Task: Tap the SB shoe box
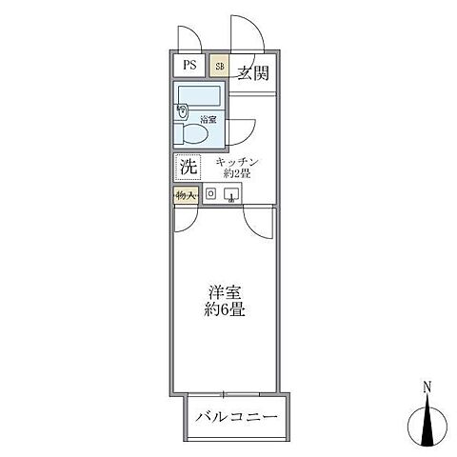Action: pyautogui.click(x=219, y=66)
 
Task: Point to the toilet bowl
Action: pyautogui.click(x=192, y=133)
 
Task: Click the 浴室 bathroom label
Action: pyautogui.click(x=209, y=120)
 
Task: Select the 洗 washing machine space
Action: pyautogui.click(x=187, y=167)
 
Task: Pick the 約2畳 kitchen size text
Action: pyautogui.click(x=237, y=174)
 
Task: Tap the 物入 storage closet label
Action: pyautogui.click(x=186, y=195)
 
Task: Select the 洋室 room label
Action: pyautogui.click(x=226, y=292)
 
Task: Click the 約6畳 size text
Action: pyautogui.click(x=226, y=310)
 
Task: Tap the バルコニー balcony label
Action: pyautogui.click(x=237, y=416)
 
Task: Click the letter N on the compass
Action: pyautogui.click(x=428, y=387)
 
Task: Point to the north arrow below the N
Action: pyautogui.click(x=428, y=419)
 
